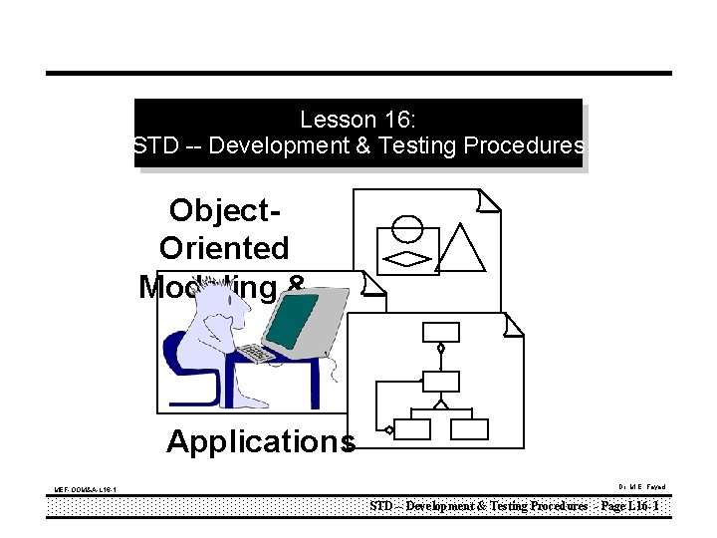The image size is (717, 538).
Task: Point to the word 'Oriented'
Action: [224, 248]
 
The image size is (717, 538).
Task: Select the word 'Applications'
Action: [260, 441]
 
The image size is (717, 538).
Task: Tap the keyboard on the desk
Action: [258, 353]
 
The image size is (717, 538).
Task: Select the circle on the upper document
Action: [407, 228]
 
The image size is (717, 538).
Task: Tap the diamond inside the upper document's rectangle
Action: [407, 258]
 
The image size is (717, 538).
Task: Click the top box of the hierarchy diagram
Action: [440, 332]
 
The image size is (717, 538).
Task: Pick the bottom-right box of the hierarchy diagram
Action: [469, 429]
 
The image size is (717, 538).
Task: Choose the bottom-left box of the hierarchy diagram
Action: [412, 429]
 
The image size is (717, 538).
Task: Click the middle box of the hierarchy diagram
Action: [441, 381]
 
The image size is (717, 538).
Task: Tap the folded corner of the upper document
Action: [488, 201]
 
